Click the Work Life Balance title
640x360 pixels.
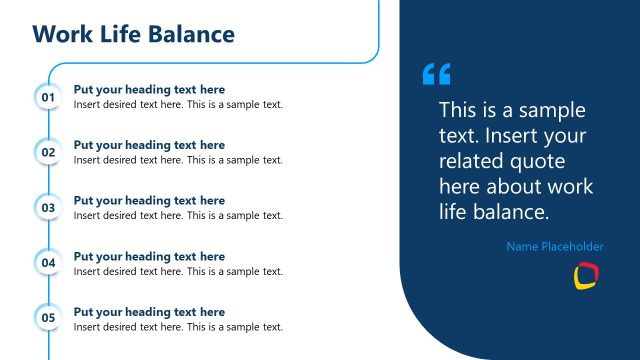point(133,35)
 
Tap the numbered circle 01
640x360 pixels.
point(48,97)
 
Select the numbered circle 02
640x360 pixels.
point(48,152)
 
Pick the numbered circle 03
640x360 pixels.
point(48,208)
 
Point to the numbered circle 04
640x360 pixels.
point(48,263)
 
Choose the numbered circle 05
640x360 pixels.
point(48,319)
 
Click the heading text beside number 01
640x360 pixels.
point(149,90)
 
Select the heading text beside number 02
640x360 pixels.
point(149,145)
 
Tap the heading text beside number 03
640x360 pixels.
point(149,201)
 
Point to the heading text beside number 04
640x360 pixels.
point(149,257)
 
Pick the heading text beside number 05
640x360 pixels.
point(149,312)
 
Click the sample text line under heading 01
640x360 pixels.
point(178,104)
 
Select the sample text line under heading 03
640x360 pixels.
point(178,215)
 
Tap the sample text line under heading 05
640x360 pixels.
point(178,327)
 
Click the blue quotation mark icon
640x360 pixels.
point(437,74)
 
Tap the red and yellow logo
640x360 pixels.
point(585,276)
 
